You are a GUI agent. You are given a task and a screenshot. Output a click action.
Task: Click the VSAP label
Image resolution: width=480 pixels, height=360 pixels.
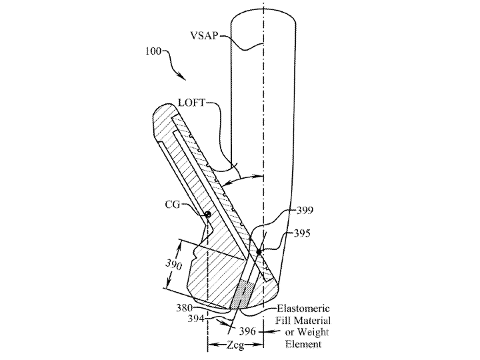[x=204, y=36]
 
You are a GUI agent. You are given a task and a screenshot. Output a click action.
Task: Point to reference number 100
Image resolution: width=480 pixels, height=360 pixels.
[x=153, y=51]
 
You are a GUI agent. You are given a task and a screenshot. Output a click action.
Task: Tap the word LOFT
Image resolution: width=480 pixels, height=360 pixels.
[x=191, y=103]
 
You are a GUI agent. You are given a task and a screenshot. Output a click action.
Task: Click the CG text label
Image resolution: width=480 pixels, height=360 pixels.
[x=173, y=205]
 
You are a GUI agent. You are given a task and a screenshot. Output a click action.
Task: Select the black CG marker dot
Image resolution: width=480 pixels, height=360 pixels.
[x=208, y=214]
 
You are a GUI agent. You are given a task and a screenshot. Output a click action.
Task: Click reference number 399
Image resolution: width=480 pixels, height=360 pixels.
[x=305, y=210]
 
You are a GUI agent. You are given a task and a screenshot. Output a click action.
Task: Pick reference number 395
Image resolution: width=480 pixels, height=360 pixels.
[x=302, y=233]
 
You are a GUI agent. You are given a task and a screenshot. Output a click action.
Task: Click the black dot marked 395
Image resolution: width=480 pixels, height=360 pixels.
[x=259, y=252]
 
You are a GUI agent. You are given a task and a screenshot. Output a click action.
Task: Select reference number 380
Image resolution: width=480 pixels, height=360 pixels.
[x=184, y=308]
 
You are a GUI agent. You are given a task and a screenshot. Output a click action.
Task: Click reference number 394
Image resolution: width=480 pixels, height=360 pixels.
[x=196, y=319]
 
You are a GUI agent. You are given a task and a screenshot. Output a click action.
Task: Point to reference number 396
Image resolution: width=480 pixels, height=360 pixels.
[x=247, y=331]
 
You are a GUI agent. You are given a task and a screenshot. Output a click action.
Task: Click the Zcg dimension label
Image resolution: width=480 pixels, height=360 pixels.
[x=235, y=345]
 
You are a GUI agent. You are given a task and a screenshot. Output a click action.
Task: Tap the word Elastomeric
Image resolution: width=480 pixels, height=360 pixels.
[x=303, y=308]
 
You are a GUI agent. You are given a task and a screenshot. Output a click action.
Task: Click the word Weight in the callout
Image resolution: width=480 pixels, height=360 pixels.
[x=313, y=332]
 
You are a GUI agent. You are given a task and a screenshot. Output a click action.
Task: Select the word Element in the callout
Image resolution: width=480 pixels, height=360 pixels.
[x=303, y=344]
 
